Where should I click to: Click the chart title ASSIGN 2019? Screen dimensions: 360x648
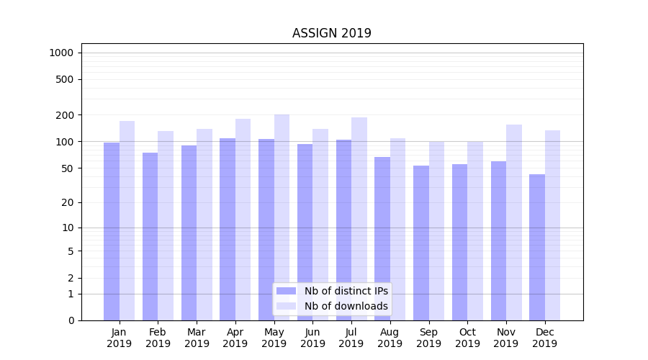click(331, 33)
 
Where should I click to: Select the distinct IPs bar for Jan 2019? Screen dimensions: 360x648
click(112, 230)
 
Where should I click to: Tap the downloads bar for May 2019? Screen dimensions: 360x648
click(282, 216)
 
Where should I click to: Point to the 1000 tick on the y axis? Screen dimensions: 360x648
click(61, 53)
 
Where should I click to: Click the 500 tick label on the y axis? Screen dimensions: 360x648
click(65, 79)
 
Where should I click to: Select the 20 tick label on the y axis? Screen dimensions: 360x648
click(67, 202)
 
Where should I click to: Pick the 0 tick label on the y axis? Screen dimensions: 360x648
click(71, 320)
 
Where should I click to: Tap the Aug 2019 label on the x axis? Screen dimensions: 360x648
click(390, 338)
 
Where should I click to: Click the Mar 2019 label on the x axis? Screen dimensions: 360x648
click(197, 338)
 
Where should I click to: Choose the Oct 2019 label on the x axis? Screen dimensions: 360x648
click(467, 338)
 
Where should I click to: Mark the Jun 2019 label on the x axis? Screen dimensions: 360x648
click(312, 338)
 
